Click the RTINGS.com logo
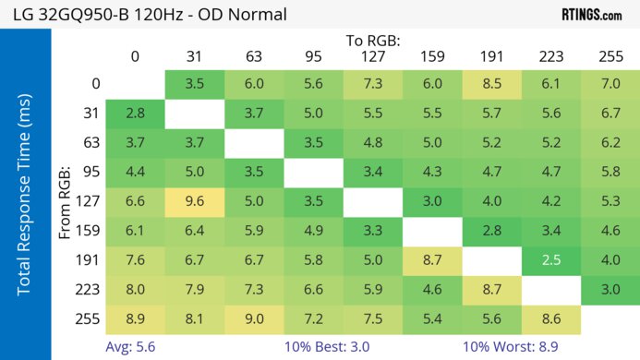591,14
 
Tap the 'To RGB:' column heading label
373,41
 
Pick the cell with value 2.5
551,260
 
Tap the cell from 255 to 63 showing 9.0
254,318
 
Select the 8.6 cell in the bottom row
551,318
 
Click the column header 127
373,57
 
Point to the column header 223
551,57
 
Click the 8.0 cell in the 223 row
135,290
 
